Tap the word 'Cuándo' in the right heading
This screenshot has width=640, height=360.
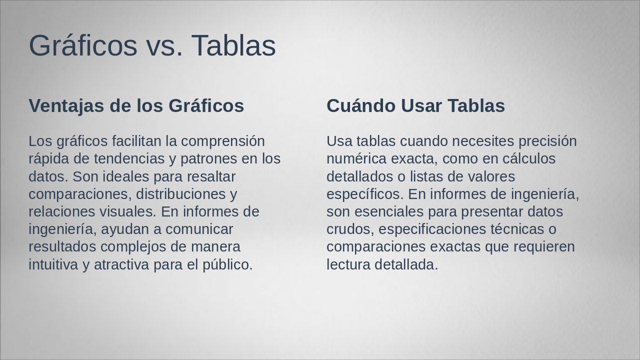tap(360, 106)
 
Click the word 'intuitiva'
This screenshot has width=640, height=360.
tap(53, 264)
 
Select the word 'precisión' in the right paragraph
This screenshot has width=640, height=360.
tap(547, 141)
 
